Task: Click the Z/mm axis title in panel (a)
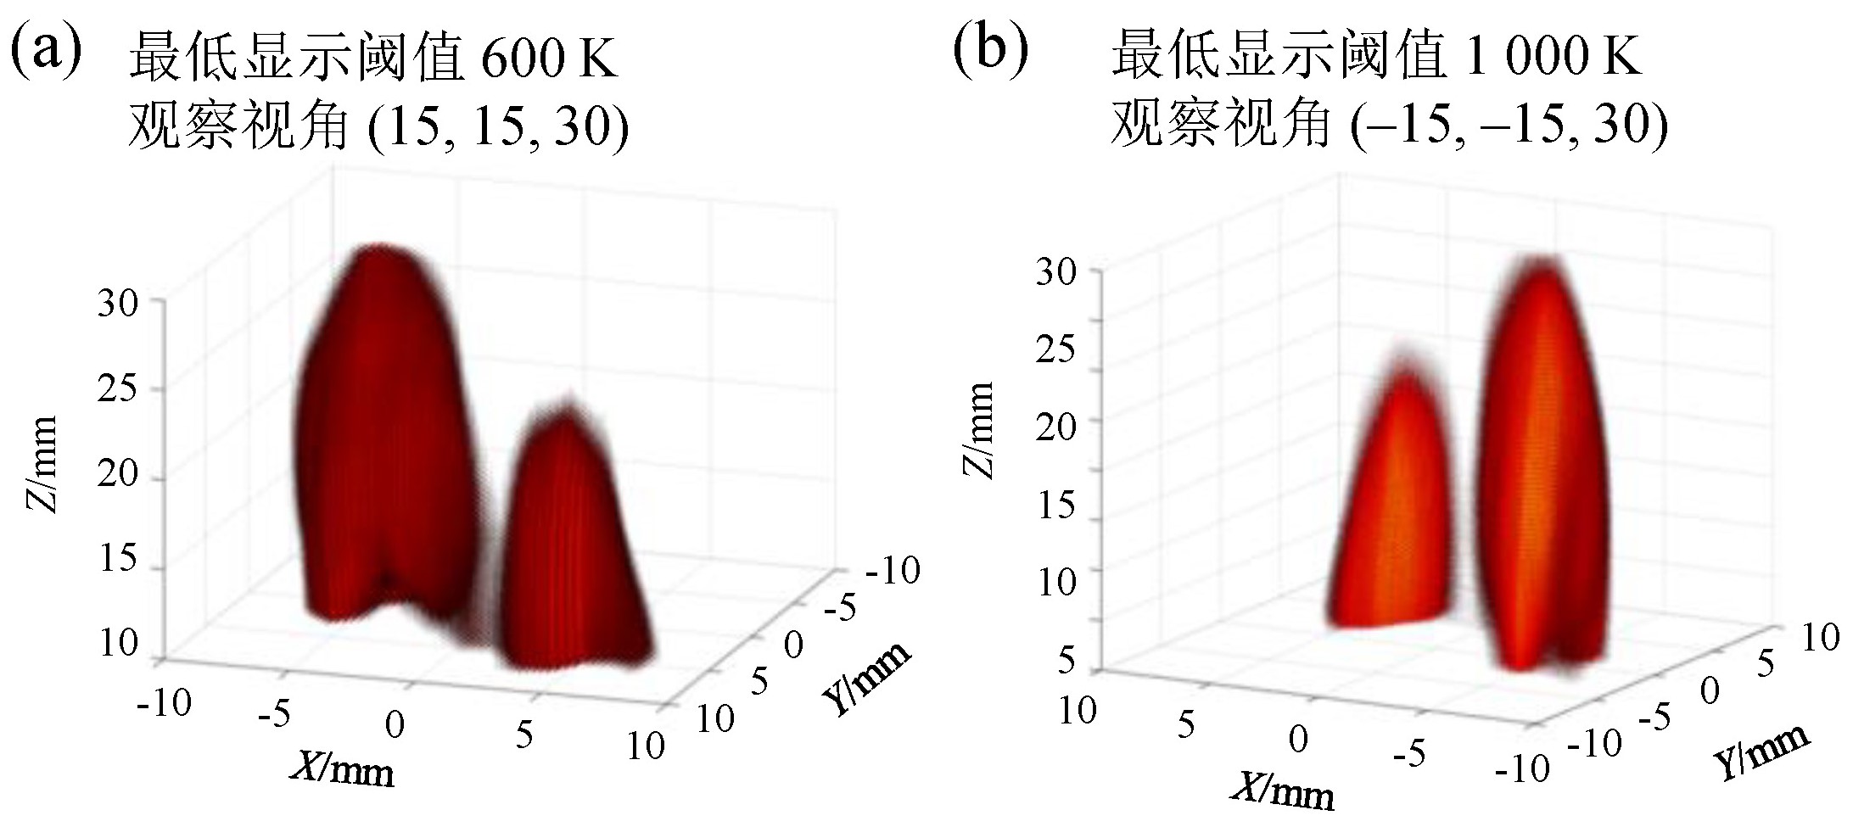coord(41,464)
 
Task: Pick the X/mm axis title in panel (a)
coord(343,769)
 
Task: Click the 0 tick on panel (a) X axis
coord(395,725)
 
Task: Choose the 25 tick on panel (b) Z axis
coord(1055,348)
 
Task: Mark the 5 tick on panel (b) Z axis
coord(1067,660)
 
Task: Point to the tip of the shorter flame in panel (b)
coord(1405,356)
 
